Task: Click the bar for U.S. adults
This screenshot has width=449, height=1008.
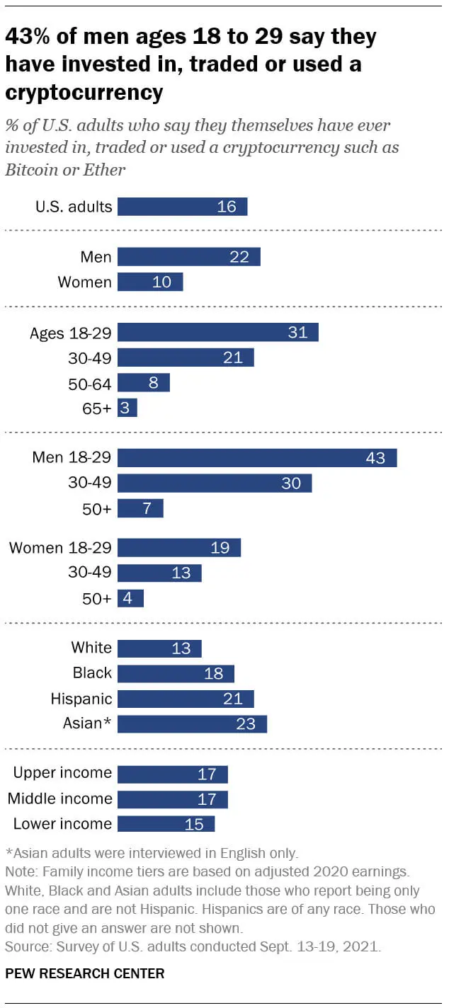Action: pos(182,207)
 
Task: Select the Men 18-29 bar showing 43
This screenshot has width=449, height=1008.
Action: pos(256,458)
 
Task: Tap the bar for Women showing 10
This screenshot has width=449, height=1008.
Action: pos(149,282)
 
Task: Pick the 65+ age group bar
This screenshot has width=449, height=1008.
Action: pos(127,408)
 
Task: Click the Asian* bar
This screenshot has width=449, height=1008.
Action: pos(191,724)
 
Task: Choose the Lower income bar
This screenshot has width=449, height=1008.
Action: pos(165,824)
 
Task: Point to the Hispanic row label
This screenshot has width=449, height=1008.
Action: pos(81,699)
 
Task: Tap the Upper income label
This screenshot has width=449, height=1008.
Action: pos(62,773)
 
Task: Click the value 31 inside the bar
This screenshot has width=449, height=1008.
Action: pos(297,333)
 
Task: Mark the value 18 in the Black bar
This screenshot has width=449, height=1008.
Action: pos(213,673)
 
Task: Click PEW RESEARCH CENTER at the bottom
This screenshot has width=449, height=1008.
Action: pos(85,973)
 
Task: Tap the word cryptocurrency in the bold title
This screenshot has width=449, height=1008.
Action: pos(84,92)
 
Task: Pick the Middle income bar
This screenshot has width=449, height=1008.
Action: pos(172,799)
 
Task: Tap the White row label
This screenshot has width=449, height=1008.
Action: pos(91,648)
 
